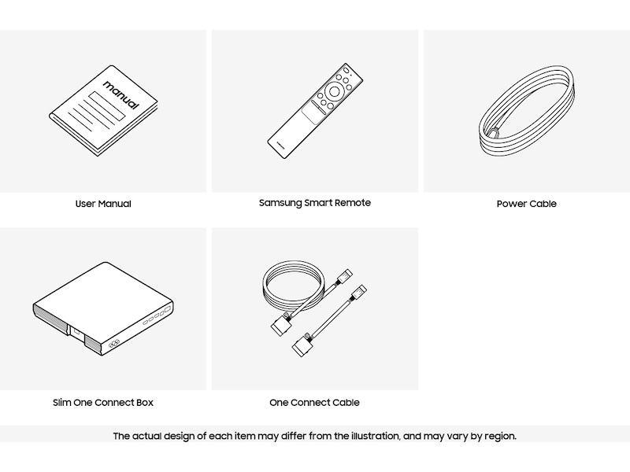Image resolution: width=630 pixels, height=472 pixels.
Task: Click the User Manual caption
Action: [103, 204]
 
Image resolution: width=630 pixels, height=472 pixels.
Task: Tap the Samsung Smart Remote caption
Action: [314, 203]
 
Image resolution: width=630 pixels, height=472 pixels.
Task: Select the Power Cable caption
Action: [526, 204]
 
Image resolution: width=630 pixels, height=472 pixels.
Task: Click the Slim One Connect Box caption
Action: [103, 403]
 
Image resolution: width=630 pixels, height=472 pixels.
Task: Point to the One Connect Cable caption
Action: [314, 403]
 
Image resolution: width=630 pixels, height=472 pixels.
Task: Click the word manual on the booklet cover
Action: [121, 94]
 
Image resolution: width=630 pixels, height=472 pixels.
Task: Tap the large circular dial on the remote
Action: [334, 92]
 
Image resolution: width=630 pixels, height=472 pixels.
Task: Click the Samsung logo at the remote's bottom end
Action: [280, 145]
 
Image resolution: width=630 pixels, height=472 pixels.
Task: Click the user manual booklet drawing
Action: [103, 110]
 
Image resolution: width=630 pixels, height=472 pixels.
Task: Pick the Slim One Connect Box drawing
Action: [103, 308]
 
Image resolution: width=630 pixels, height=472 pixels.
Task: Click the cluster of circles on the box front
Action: [114, 343]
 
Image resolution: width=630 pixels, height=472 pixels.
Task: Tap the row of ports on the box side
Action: [157, 315]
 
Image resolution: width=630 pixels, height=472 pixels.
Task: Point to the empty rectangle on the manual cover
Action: [107, 106]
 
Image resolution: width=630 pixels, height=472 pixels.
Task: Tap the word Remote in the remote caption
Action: [352, 203]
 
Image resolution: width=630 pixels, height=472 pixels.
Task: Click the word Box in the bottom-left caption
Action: [145, 403]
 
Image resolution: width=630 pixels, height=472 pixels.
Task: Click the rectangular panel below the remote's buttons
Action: [313, 112]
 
